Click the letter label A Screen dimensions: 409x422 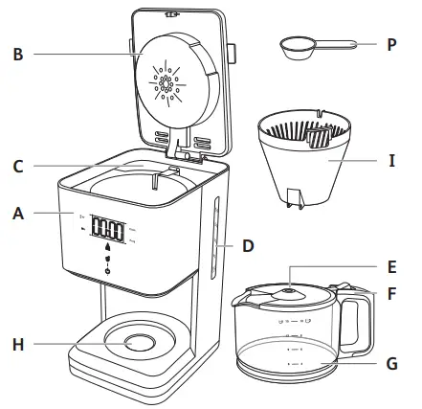pos(18,215)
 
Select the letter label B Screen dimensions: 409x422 pos(18,54)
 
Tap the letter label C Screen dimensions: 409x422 pos(18,165)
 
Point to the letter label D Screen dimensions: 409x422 pos(247,246)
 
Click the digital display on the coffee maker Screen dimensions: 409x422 pos(110,232)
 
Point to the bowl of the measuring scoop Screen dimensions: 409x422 pos(296,45)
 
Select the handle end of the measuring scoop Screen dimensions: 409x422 pos(352,43)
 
